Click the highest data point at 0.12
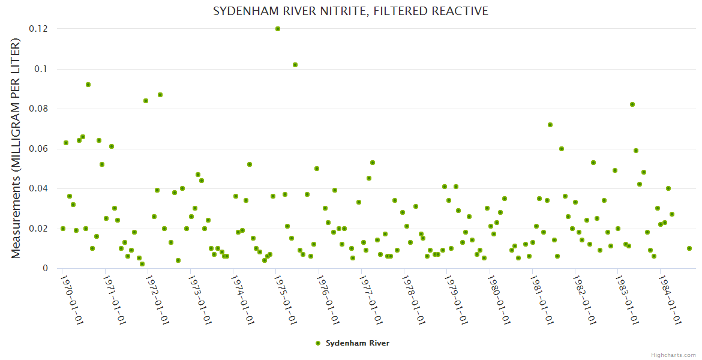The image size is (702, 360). click(x=278, y=29)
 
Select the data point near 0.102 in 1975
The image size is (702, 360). click(x=295, y=65)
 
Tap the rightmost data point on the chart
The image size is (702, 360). click(x=689, y=248)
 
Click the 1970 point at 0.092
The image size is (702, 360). click(x=88, y=85)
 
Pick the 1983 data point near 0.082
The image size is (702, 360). click(x=632, y=104)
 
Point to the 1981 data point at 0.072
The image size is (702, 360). click(x=550, y=125)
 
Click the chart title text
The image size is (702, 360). click(x=350, y=11)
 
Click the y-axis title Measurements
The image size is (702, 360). click(x=16, y=148)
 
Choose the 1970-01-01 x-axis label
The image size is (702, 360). click(x=71, y=299)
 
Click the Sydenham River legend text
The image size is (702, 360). click(x=358, y=343)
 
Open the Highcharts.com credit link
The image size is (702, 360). click(x=674, y=355)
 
